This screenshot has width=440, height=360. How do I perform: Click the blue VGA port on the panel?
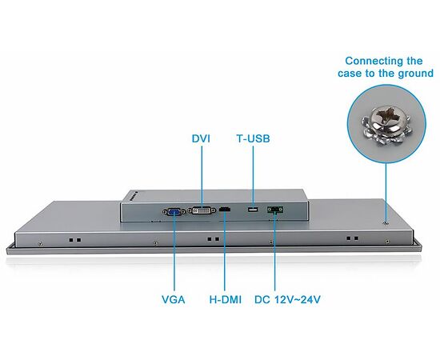coord(174,211)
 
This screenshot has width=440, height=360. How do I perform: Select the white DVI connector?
coord(202,210)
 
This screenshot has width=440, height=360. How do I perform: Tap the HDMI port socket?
coord(225,209)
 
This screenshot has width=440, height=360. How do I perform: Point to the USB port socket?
coord(253,210)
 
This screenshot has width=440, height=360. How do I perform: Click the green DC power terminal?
coord(275,210)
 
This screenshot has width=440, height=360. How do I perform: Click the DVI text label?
coord(201,138)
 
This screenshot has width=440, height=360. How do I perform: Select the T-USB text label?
coord(253,138)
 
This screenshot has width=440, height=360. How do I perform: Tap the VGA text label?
coord(174,299)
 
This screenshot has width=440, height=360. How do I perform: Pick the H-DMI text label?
coord(226,299)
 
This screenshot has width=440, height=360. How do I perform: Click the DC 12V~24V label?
coord(287,299)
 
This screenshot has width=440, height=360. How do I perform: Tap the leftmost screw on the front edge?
coord(41,243)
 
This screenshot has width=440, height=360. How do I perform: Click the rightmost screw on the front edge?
coord(387,242)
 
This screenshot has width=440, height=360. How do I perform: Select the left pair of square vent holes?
coord(75,240)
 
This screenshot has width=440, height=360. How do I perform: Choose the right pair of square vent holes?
coord(352,238)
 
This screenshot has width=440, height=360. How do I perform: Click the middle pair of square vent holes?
coord(214,239)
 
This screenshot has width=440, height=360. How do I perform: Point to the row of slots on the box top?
coord(134,196)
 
